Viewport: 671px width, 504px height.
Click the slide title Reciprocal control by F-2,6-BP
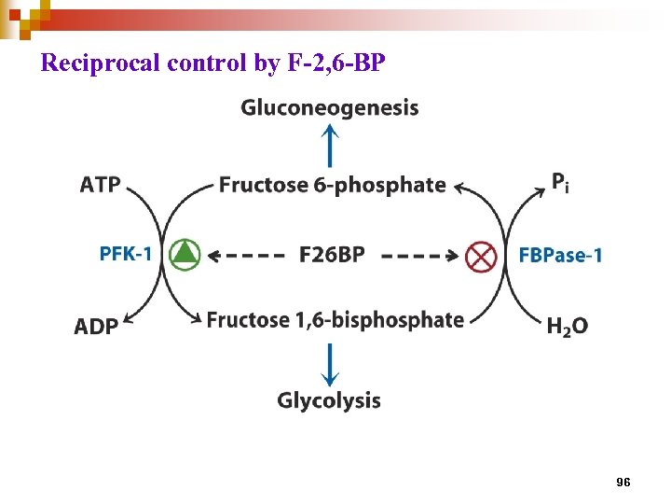coord(213,63)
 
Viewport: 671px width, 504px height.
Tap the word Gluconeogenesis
coord(330,108)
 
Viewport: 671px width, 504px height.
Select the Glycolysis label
coord(329,400)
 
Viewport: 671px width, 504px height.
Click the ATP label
coord(101,184)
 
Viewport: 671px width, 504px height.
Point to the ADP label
coord(97,327)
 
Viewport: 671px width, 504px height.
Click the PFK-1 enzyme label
coord(126,253)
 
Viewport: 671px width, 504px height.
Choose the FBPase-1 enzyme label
coord(560,255)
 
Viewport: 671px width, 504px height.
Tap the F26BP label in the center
coord(333,254)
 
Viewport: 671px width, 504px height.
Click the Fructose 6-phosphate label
coord(333,185)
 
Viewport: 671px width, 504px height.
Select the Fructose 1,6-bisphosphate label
coord(335,320)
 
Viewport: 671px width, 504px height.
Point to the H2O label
coord(567,327)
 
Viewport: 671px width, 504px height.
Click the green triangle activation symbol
coord(186,253)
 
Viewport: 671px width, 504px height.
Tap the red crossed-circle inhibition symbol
coord(481,255)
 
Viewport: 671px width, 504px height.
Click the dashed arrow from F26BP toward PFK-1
coord(245,254)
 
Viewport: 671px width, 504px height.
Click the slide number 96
coord(623,482)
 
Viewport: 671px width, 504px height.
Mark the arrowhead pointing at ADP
coord(129,324)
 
